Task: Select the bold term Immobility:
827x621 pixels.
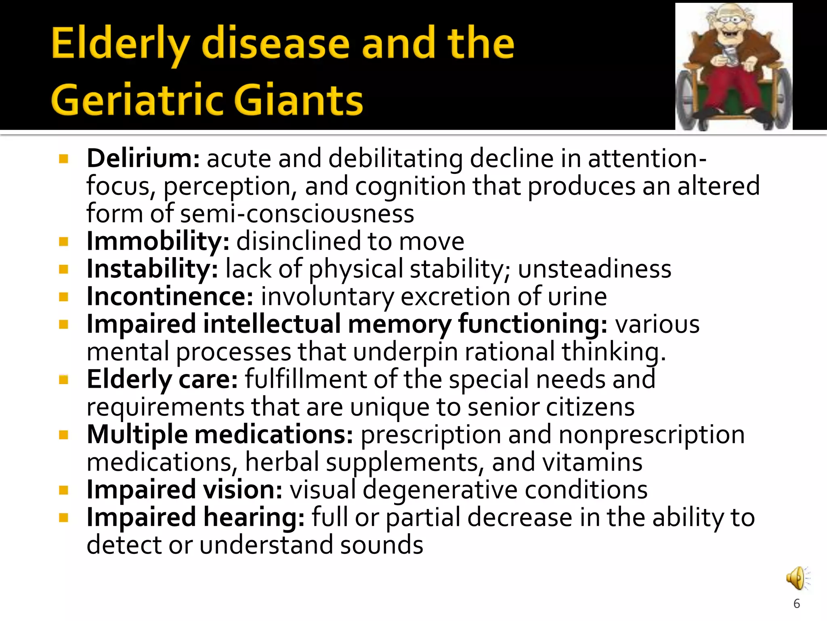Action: coord(158,241)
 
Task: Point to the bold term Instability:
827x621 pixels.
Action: coord(152,269)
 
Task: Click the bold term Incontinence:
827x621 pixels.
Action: coord(170,296)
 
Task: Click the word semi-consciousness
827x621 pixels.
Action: coord(297,213)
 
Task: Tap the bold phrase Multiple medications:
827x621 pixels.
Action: coord(220,435)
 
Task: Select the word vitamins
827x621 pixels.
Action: coord(592,462)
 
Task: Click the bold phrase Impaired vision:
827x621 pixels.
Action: coord(184,490)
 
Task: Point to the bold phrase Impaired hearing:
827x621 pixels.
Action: coord(195,517)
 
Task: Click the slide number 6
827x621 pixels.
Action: coord(796,604)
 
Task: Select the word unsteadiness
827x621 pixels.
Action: coord(594,269)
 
